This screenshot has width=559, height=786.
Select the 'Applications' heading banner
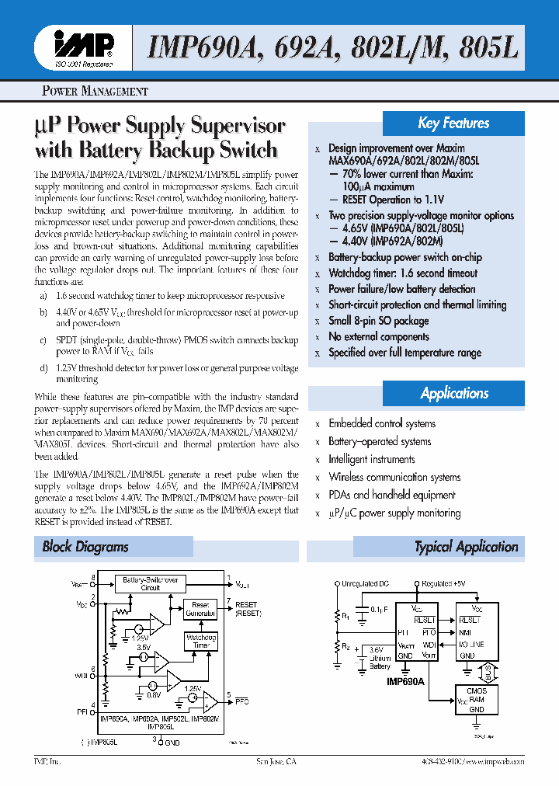pyautogui.click(x=454, y=393)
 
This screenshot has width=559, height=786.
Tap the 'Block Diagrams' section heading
pyautogui.click(x=85, y=547)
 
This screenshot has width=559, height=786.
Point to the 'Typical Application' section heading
pyautogui.click(x=466, y=547)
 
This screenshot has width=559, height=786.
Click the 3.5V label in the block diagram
pyautogui.click(x=144, y=647)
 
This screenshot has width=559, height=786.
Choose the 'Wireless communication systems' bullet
pyautogui.click(x=394, y=477)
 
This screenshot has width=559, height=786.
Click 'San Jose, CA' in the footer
pyautogui.click(x=276, y=762)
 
